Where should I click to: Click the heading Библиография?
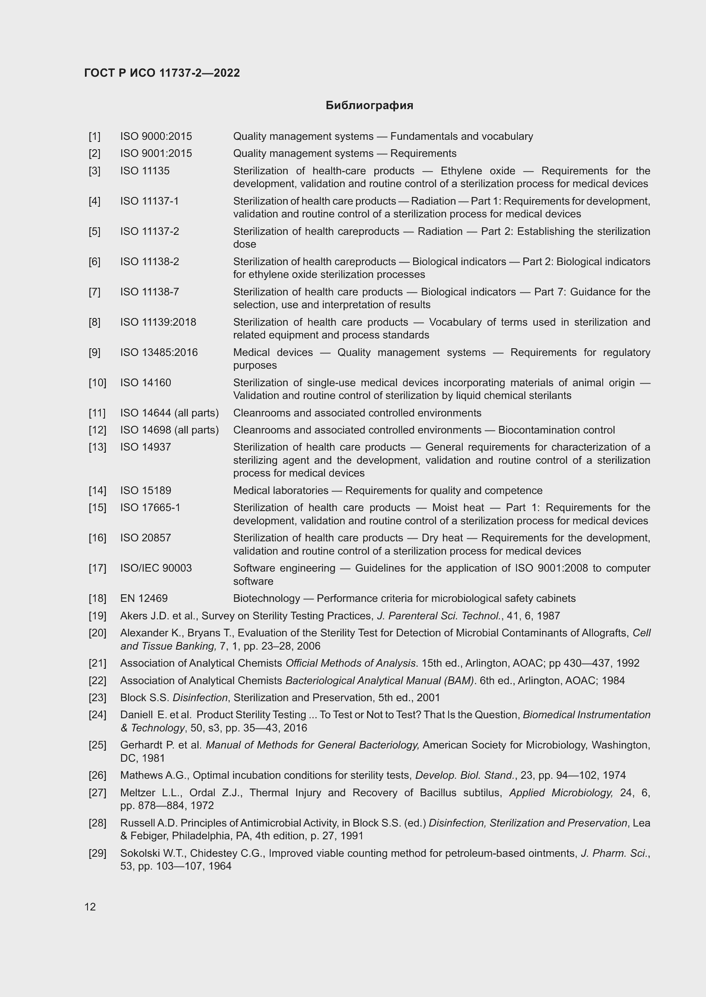click(369, 106)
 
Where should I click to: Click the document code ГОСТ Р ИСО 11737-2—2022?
click(162, 73)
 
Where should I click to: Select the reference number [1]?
click(94, 136)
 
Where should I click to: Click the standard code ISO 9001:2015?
click(156, 153)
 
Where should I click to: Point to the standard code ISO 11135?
click(145, 171)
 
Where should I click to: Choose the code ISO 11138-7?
click(149, 292)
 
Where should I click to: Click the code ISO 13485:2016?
click(159, 352)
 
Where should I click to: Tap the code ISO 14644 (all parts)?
click(169, 413)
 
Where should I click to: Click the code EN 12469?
click(143, 598)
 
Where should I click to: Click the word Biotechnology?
click(266, 598)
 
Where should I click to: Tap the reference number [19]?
click(97, 616)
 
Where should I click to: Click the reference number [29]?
click(97, 853)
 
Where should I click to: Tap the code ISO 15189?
click(145, 490)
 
